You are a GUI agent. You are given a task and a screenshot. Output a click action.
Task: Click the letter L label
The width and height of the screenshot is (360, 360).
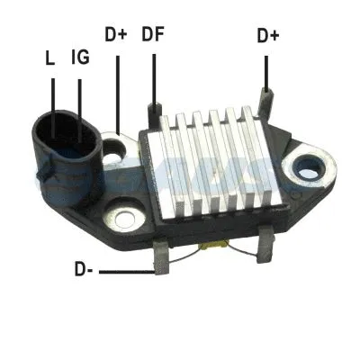click(50, 59)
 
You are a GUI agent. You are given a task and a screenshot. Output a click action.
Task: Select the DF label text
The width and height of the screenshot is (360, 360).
click(152, 36)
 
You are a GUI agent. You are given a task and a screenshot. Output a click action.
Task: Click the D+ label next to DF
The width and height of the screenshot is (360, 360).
click(115, 36)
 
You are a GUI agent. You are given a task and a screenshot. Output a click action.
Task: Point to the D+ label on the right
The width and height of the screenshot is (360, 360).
click(267, 36)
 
